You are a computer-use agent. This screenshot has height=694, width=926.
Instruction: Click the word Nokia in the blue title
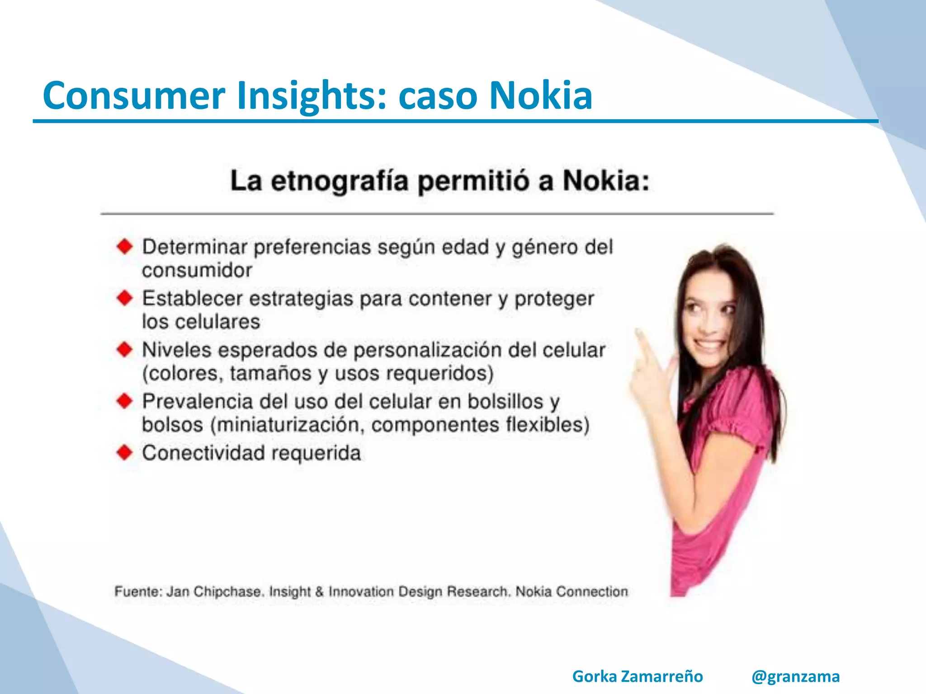click(541, 96)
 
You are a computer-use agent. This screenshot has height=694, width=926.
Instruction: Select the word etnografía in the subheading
click(339, 181)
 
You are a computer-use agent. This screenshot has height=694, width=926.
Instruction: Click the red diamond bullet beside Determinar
click(124, 247)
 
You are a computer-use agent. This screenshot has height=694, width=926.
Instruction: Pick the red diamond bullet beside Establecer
click(124, 298)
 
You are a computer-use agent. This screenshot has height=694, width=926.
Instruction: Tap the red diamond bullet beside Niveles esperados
click(124, 350)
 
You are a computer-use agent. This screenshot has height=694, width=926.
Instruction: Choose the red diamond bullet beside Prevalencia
click(124, 401)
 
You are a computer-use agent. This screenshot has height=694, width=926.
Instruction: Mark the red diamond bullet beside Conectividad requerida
click(124, 453)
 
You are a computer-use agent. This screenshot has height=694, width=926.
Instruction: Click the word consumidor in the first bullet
click(197, 271)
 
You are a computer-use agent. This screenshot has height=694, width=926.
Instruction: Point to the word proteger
click(554, 299)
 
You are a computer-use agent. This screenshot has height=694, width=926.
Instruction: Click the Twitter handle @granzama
click(795, 676)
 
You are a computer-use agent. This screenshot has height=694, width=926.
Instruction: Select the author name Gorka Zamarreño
click(638, 676)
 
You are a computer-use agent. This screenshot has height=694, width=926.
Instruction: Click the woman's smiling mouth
click(711, 344)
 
